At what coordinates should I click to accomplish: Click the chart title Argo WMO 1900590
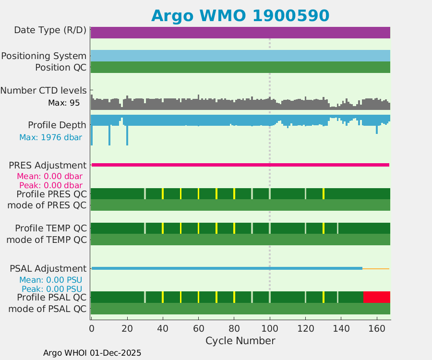(x=240, y=15)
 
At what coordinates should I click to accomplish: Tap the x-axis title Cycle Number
(x=240, y=341)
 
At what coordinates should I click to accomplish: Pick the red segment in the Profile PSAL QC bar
(x=377, y=297)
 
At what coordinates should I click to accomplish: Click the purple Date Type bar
(x=240, y=33)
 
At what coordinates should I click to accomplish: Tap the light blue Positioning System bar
(x=240, y=56)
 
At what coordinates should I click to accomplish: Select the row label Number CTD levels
(x=44, y=90)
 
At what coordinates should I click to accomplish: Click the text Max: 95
(x=64, y=103)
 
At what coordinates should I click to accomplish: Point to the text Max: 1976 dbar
(x=50, y=137)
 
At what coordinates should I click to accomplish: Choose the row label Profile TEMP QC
(x=51, y=228)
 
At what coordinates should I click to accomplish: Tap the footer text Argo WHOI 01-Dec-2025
(x=92, y=353)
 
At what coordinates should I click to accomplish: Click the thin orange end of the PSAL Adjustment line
(x=376, y=268)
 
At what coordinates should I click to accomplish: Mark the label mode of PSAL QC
(x=48, y=309)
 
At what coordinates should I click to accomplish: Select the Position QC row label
(x=61, y=67)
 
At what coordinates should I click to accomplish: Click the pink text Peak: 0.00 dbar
(x=50, y=185)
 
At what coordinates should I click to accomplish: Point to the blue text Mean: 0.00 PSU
(x=50, y=280)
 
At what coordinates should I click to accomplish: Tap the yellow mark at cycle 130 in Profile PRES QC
(x=324, y=193)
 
